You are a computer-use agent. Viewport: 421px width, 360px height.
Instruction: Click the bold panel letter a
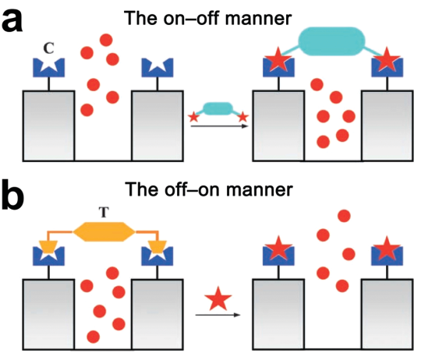pos(12,22)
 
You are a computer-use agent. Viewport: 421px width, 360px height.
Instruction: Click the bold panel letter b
pos(12,194)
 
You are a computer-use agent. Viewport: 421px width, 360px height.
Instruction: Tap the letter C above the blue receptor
pos(48,48)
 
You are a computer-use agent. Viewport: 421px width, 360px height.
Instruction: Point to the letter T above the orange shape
pos(104,212)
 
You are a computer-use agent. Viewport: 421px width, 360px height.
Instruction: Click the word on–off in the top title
pos(193,19)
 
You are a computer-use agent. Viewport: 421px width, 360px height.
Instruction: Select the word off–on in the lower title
pos(193,189)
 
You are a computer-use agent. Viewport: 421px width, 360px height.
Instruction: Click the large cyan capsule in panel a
pos(332,41)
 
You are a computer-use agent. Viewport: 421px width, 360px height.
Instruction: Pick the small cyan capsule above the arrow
pos(218,108)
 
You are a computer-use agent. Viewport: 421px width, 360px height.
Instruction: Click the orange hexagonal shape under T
pos(104,231)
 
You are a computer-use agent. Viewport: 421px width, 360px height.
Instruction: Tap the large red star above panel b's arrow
pos(218,299)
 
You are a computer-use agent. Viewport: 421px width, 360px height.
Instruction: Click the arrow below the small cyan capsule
pos(219,126)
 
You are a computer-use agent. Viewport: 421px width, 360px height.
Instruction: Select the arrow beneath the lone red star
pos(218,315)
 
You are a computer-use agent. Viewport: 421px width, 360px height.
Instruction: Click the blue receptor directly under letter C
pos(48,69)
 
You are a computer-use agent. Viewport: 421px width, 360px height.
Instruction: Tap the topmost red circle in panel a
pos(106,40)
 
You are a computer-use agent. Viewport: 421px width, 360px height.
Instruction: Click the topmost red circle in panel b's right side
pos(345,216)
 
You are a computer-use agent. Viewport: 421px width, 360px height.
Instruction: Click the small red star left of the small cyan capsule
pos(194,117)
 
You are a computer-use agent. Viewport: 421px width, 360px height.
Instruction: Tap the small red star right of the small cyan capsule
pos(243,117)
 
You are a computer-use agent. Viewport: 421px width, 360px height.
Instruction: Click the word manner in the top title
pos(259,19)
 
